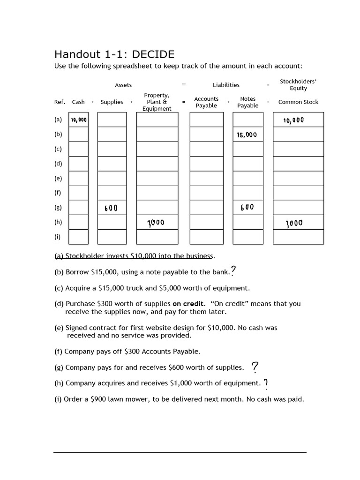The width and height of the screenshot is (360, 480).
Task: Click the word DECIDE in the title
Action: coord(153,54)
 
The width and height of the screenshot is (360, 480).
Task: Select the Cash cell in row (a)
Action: coord(78,120)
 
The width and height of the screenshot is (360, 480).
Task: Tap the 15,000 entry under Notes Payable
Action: coord(247,135)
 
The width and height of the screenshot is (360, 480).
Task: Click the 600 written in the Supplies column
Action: coord(111,208)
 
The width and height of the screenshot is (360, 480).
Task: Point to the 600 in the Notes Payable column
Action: coord(247,207)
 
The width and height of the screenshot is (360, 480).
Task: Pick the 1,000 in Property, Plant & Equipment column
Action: coord(156,223)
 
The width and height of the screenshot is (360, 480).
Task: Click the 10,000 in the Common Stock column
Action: coord(293,120)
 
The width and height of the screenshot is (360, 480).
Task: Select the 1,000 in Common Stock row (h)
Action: coord(294,223)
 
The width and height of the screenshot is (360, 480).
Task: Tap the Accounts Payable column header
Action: coord(206,102)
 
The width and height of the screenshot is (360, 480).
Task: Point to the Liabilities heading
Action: coord(226,85)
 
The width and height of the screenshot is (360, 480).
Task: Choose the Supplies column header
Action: coord(112,102)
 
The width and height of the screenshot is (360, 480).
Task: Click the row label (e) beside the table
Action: coord(58,178)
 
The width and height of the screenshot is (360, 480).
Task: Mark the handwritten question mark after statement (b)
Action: coord(233,271)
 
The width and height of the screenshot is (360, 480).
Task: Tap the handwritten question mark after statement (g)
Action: coord(255,367)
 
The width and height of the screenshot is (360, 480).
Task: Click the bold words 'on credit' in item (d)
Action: coord(188,304)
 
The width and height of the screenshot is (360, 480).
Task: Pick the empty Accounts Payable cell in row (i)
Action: coord(206,237)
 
